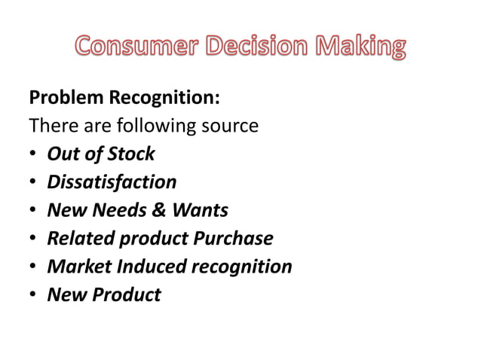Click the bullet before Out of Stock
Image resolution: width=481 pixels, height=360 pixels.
click(33, 155)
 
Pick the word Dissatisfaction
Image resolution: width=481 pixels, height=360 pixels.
click(112, 182)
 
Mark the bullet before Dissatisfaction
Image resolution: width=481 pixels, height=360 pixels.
click(33, 183)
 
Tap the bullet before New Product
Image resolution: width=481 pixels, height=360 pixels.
click(33, 295)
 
